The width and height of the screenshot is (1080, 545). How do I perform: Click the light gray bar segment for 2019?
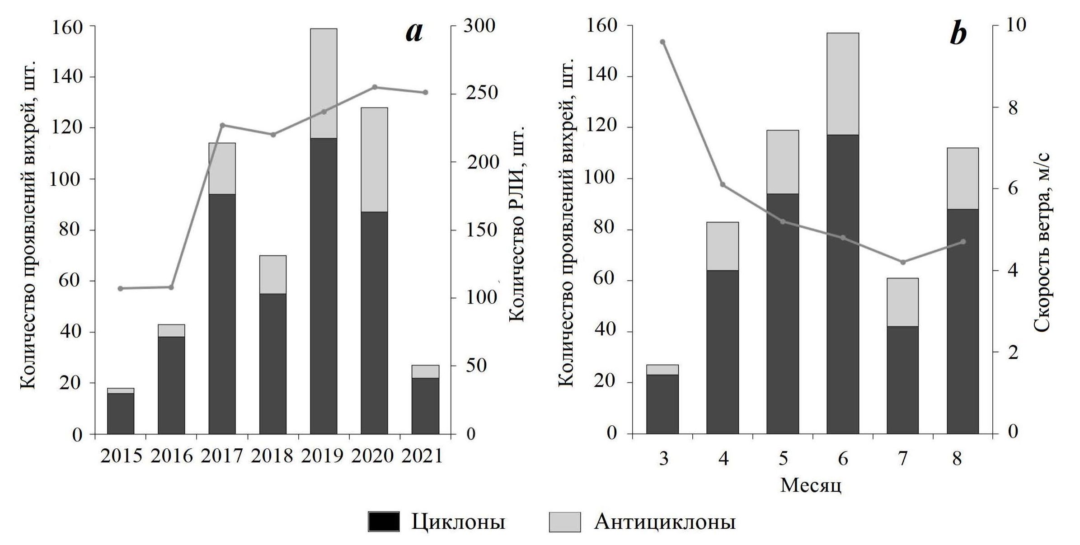coord(323,83)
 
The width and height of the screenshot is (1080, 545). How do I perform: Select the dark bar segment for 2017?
coord(222,314)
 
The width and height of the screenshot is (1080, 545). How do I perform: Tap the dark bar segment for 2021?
coord(425,405)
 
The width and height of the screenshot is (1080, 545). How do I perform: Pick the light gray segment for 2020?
coord(374,159)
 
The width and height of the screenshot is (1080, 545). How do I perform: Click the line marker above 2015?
coord(120,288)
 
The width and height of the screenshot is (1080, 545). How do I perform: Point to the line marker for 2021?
coord(425,93)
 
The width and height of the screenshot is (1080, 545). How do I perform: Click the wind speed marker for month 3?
coord(662,42)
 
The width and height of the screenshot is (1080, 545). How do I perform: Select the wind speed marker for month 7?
coord(903,262)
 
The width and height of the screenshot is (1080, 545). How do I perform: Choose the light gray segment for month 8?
coord(963,178)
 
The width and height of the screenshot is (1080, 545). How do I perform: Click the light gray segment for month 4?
coord(723,246)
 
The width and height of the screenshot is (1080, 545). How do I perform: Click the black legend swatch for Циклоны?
coord(384,522)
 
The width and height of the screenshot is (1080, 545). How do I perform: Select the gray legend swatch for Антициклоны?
coord(564,522)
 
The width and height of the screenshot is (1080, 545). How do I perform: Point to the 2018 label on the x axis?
coord(272,456)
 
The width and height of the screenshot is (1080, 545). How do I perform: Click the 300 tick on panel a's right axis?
coord(479,26)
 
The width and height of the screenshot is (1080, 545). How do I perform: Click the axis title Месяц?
coord(811,485)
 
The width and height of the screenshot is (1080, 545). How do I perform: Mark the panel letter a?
coord(414,33)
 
